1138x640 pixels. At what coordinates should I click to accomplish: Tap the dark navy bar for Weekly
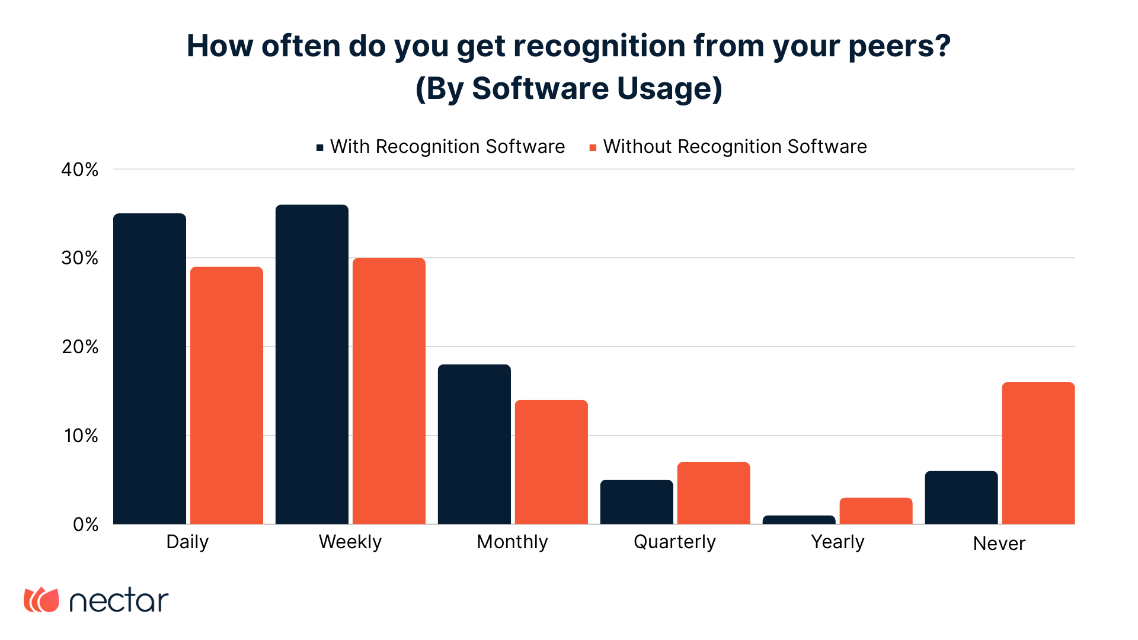tap(312, 364)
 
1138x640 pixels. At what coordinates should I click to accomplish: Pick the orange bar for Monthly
tap(551, 462)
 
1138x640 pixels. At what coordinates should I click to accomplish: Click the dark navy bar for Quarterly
tap(637, 502)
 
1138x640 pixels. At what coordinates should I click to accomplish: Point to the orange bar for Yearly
tap(876, 511)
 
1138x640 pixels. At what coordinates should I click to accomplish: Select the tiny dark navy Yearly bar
tap(799, 520)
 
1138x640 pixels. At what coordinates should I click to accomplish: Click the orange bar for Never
tap(1038, 453)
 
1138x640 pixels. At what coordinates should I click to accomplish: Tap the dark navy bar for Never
tap(961, 498)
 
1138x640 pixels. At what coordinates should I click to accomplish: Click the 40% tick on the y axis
tap(80, 170)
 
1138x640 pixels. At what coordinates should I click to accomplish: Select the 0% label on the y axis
tap(86, 524)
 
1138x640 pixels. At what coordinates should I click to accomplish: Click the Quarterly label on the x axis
tap(675, 542)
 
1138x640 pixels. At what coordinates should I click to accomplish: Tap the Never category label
tap(999, 543)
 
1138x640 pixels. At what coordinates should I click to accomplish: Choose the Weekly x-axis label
tap(350, 542)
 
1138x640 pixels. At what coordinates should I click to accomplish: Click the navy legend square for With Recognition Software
tap(320, 148)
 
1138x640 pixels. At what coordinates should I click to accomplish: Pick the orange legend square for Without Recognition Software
tap(593, 148)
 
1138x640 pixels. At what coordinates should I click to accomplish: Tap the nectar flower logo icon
tap(41, 600)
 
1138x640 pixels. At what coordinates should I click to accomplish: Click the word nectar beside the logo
tap(119, 601)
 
